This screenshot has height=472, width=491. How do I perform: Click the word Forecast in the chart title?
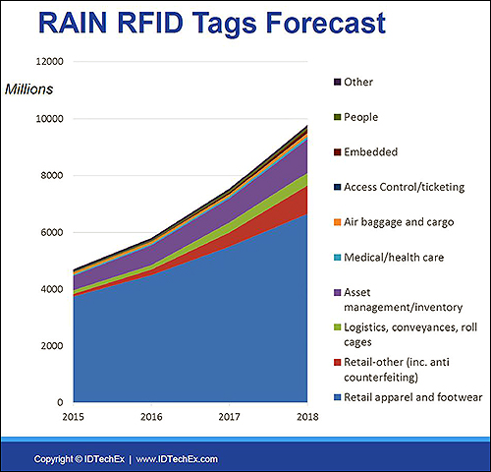[326, 23]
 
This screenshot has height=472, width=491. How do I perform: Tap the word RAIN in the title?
[73, 23]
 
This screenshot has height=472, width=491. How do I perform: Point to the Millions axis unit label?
[28, 89]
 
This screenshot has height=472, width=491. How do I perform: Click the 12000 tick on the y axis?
[49, 61]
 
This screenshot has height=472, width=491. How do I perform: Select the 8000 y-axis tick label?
[52, 175]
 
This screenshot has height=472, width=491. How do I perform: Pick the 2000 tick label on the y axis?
[52, 346]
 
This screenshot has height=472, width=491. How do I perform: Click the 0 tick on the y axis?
[60, 402]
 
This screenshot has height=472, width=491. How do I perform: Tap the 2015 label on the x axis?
[74, 417]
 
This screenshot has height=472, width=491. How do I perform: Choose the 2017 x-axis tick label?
[229, 417]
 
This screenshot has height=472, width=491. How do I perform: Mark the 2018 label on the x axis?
[307, 417]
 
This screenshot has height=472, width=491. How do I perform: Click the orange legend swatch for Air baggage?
[338, 222]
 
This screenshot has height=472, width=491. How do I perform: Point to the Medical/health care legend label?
[394, 258]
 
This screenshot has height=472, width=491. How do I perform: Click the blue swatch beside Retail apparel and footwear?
[338, 397]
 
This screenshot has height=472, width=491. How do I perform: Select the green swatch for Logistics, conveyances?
[338, 327]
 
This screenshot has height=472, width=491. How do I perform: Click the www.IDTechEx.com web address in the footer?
[177, 459]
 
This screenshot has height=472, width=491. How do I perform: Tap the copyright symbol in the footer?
[79, 459]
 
